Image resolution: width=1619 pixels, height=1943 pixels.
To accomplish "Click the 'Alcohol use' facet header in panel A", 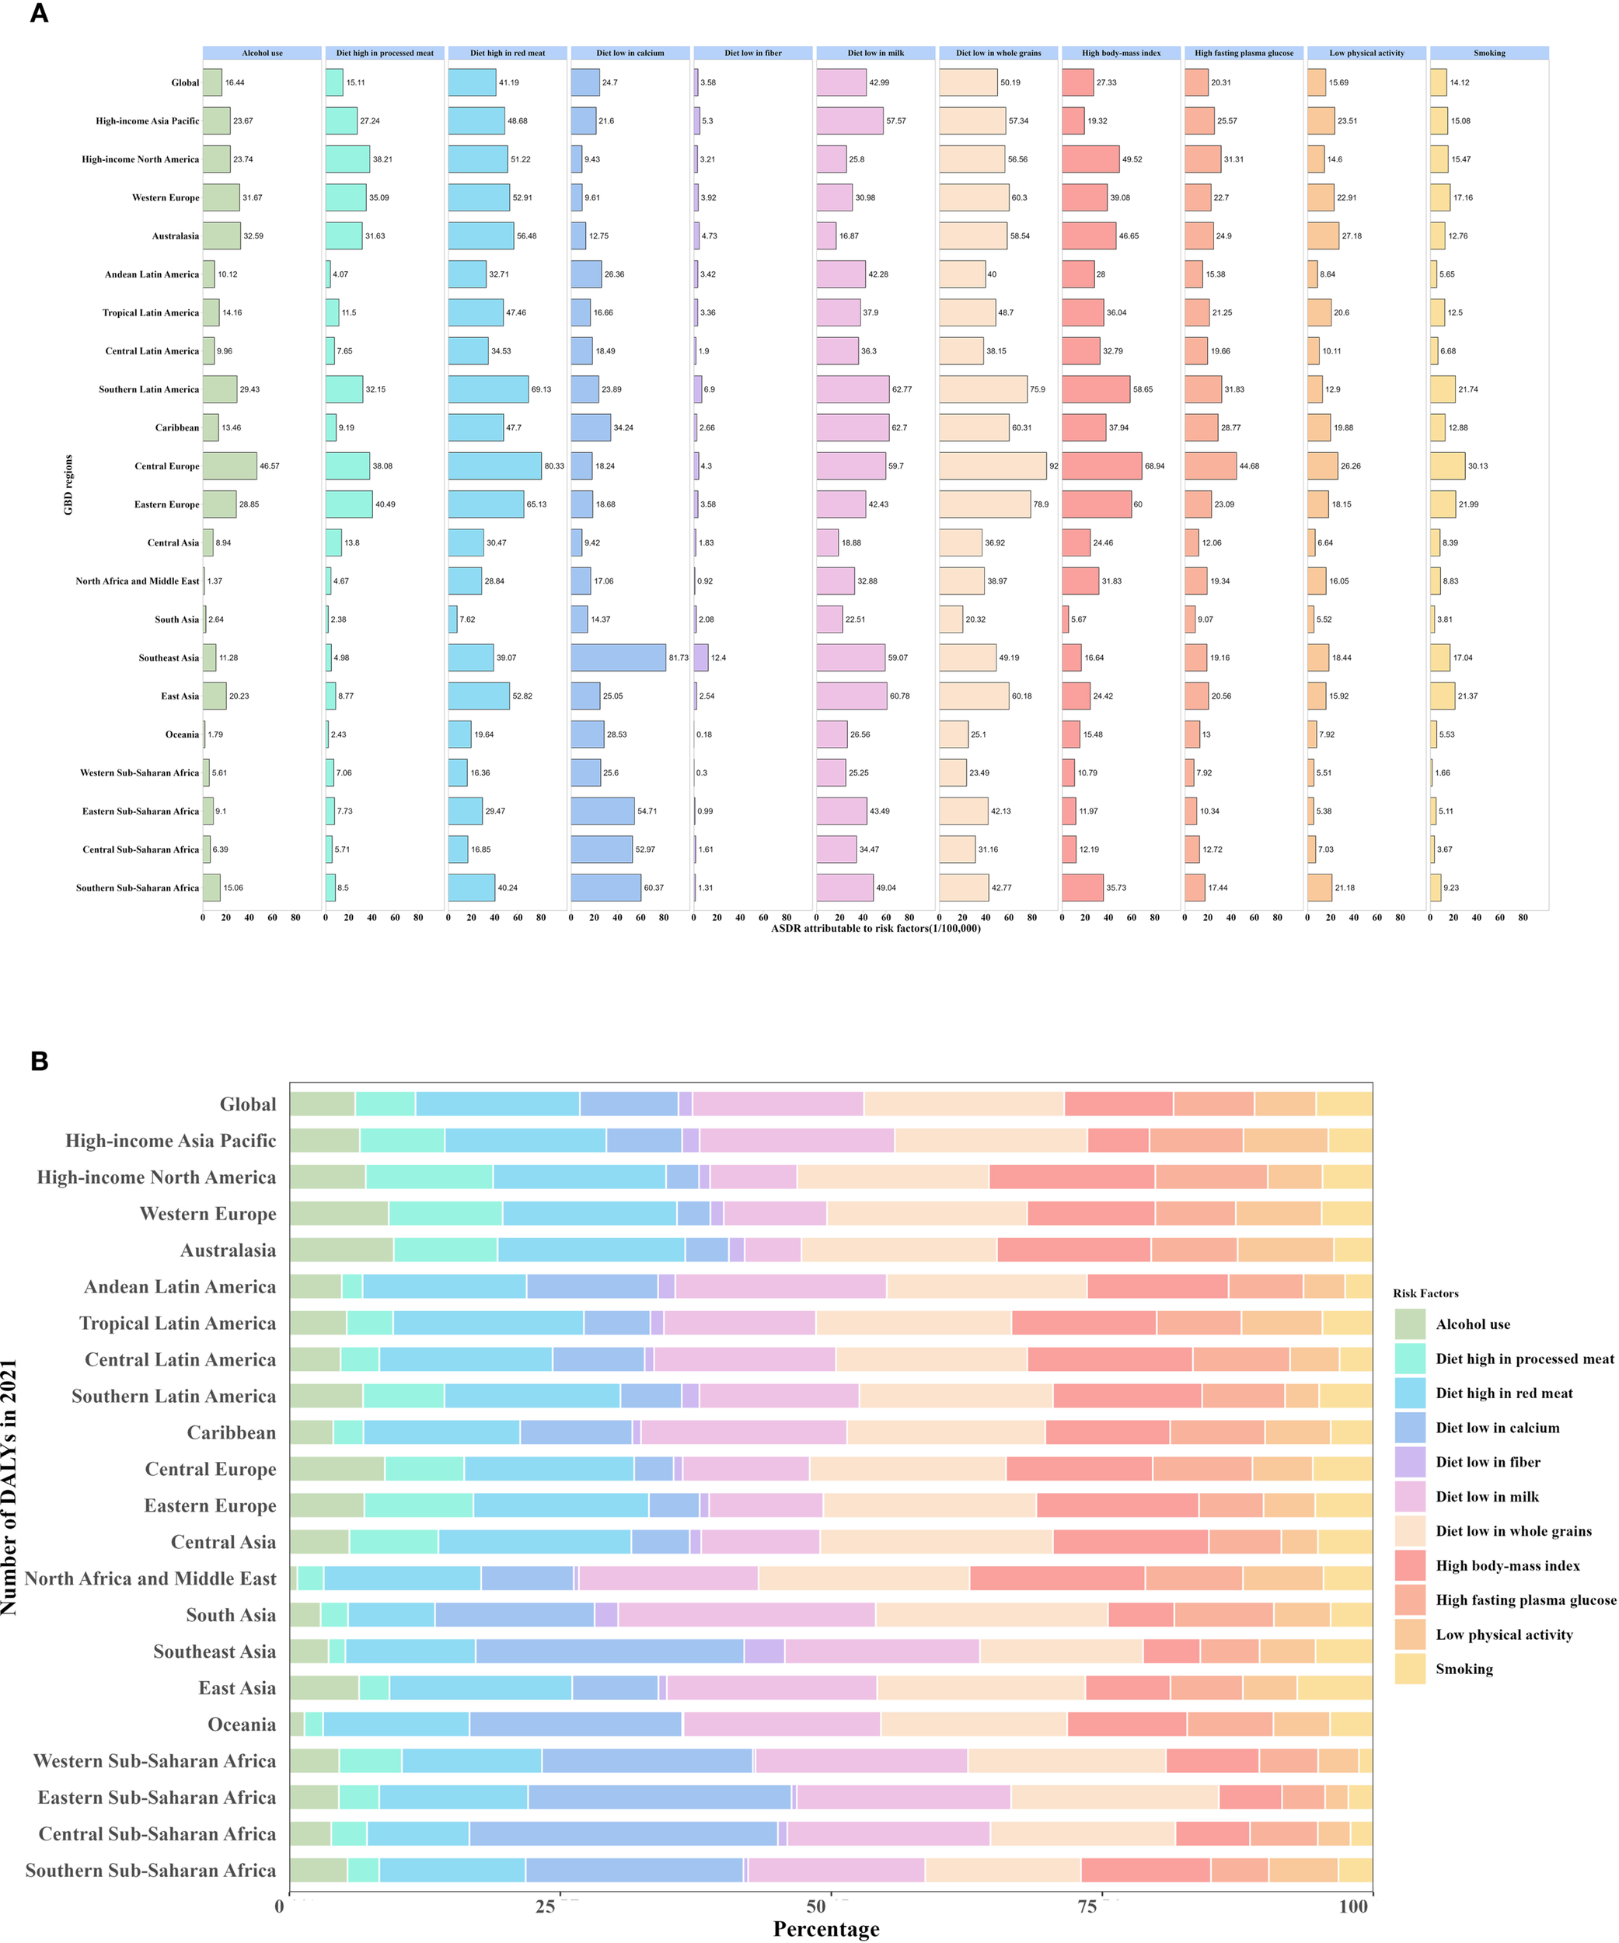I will (x=262, y=53).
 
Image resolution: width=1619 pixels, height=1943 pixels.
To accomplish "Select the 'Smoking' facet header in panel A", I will (x=1488, y=53).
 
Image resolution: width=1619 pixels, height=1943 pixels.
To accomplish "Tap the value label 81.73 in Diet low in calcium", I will (x=678, y=658).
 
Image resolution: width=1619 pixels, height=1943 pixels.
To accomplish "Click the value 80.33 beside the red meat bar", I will (x=554, y=466).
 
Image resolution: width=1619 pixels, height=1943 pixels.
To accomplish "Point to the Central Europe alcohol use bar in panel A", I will (x=229, y=466).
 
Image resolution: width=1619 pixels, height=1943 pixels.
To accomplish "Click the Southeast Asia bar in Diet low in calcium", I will (x=618, y=658).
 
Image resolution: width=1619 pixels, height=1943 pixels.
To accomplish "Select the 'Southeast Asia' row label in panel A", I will (x=169, y=658).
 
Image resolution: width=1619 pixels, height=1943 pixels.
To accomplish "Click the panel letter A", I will (x=39, y=14).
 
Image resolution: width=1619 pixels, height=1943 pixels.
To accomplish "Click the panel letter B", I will (x=39, y=1061).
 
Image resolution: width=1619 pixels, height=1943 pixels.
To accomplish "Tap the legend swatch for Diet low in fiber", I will (x=1410, y=1462).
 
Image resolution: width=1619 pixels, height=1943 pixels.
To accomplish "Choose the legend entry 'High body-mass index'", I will (x=1507, y=1565).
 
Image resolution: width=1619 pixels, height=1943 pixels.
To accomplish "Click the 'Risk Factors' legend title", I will (x=1425, y=1293).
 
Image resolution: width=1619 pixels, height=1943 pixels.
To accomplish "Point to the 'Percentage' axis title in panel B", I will (x=826, y=1928).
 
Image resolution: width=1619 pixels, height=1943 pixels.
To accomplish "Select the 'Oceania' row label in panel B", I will (x=242, y=1725).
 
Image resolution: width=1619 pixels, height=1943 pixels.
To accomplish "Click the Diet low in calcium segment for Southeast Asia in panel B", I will (x=609, y=1652).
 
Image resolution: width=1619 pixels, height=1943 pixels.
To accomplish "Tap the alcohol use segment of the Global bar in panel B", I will (x=322, y=1104).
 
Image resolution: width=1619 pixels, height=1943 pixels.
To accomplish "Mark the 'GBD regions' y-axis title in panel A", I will (x=68, y=485).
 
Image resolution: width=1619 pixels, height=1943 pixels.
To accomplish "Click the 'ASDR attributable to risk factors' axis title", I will (x=875, y=928).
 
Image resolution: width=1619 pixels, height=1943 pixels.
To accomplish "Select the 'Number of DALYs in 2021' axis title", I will (x=9, y=1487).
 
